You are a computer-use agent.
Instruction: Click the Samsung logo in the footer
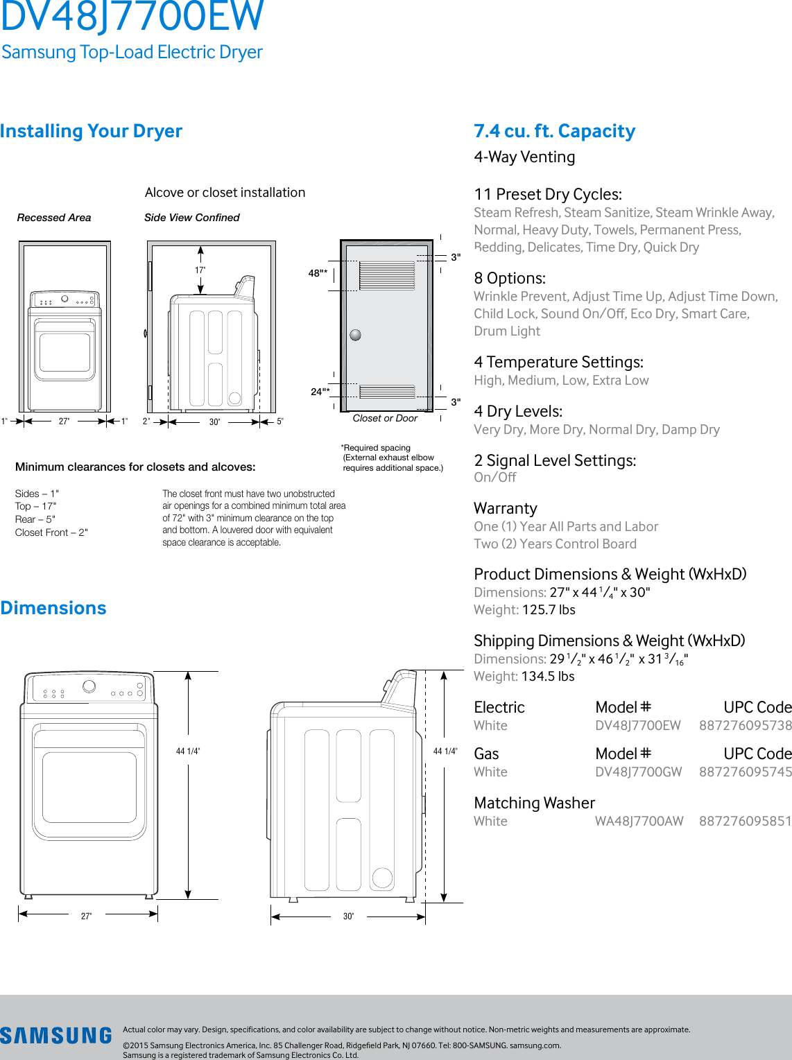55,1036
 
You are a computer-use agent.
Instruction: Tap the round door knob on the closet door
356,335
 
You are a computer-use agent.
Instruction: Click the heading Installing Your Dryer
91,131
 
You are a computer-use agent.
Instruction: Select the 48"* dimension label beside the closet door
318,273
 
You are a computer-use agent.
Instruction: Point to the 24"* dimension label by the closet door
319,392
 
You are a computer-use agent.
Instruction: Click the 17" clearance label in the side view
200,270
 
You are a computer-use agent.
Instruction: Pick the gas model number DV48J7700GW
638,772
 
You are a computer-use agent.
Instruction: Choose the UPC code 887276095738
745,725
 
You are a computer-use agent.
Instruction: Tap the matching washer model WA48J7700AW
639,821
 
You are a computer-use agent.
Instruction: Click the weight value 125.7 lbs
549,609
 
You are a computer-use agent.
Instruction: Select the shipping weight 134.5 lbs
548,676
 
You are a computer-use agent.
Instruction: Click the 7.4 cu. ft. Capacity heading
554,131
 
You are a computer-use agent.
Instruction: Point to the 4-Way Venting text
524,157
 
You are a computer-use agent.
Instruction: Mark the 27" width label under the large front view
86,916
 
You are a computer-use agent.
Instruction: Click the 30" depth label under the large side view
348,916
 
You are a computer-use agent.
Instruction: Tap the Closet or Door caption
385,418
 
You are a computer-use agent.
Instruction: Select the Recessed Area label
54,218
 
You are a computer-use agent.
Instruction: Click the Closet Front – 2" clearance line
51,532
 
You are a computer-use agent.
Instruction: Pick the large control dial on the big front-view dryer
89,686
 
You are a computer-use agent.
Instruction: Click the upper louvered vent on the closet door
387,275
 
